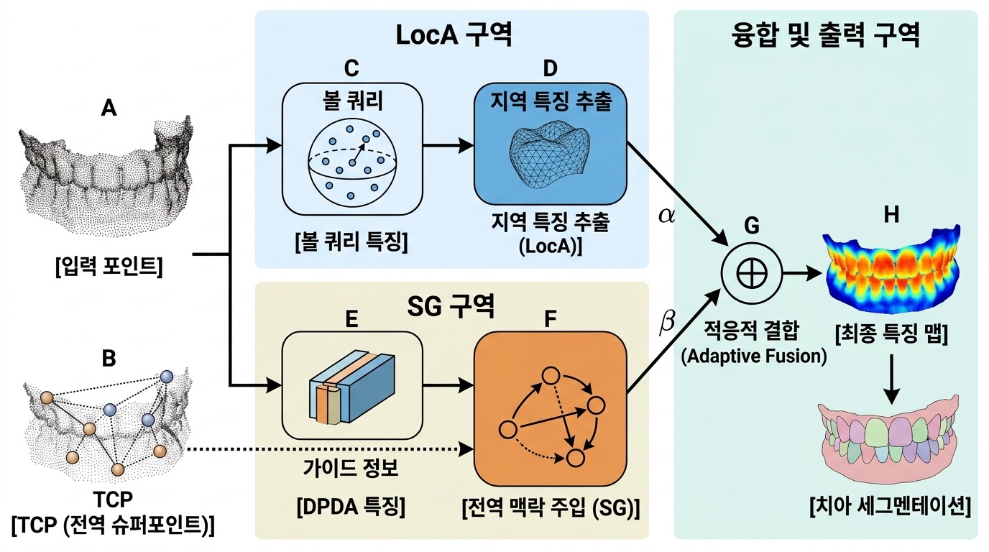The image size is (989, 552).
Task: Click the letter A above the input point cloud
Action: coord(109,108)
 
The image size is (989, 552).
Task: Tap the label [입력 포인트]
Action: coord(109,268)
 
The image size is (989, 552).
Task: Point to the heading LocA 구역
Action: coord(454,35)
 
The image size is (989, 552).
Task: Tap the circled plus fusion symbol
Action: coord(750,274)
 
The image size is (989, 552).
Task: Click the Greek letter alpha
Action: coord(666,214)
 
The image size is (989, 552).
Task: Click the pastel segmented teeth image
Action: coord(889,446)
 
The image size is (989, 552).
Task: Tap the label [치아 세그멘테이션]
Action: coord(890,507)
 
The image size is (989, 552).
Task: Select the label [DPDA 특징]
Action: coord(351,507)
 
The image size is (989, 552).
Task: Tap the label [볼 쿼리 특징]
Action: coord(351,243)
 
